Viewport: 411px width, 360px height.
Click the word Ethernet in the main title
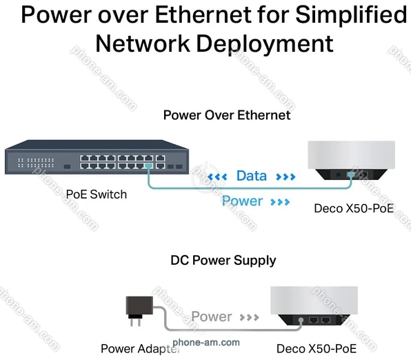[203, 14]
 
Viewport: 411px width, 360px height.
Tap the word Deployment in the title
[265, 44]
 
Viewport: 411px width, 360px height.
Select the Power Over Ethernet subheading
[227, 115]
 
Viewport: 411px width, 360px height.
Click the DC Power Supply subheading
[223, 261]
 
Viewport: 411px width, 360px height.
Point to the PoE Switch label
[96, 194]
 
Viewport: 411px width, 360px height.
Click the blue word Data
[252, 176]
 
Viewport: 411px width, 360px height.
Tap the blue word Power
[242, 201]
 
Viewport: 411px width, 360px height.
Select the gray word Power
[212, 317]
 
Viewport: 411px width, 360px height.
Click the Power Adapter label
[140, 349]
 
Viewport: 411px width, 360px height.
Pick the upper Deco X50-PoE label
[354, 208]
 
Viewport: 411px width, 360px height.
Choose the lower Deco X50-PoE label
[317, 349]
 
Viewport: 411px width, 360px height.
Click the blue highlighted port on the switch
[148, 166]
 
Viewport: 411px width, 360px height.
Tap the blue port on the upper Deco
[350, 174]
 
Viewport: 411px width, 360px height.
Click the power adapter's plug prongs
[135, 321]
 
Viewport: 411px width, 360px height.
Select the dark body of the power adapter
[139, 306]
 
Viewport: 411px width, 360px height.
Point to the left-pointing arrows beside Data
[217, 177]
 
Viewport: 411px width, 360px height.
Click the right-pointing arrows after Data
[285, 177]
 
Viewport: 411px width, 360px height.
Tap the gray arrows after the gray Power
[249, 318]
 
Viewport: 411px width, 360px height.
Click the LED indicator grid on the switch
[36, 163]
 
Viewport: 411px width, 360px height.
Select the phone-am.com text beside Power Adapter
[206, 342]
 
